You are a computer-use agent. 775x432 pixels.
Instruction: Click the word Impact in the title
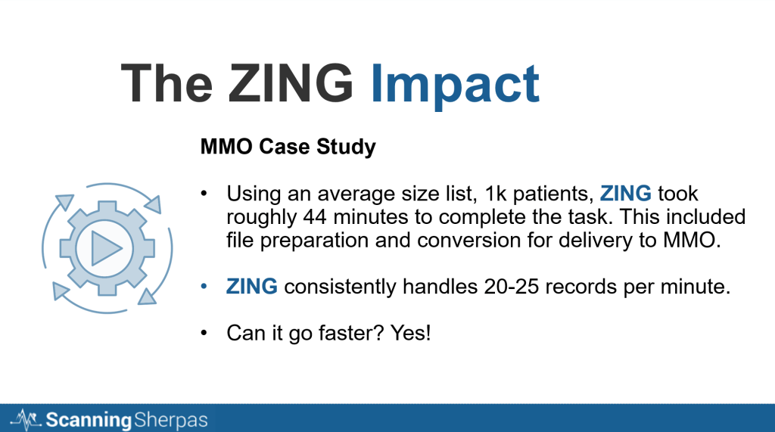tap(455, 84)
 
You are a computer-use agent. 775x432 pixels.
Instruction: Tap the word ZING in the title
tap(291, 82)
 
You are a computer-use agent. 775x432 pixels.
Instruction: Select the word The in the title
tap(167, 82)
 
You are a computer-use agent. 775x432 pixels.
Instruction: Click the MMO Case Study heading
tap(288, 147)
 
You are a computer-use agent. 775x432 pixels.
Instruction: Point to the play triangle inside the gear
tap(106, 247)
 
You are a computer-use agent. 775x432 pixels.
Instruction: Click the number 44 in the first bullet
tap(314, 217)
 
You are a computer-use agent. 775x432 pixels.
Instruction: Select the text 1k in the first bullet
tap(496, 193)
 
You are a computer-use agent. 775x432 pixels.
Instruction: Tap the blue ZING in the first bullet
tap(625, 193)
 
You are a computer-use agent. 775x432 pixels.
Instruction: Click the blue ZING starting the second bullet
tap(251, 286)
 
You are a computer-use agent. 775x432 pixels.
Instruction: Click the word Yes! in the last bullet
tap(410, 333)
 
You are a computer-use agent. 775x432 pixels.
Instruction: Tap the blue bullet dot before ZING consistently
tap(204, 287)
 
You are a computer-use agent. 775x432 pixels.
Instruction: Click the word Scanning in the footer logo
tap(89, 420)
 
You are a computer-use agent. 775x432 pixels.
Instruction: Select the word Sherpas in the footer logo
tap(170, 420)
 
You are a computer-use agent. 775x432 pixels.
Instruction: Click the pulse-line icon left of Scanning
tap(26, 420)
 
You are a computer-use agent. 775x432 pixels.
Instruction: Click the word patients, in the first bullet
tap(553, 194)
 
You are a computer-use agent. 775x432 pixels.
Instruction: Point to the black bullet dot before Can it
tap(204, 333)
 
